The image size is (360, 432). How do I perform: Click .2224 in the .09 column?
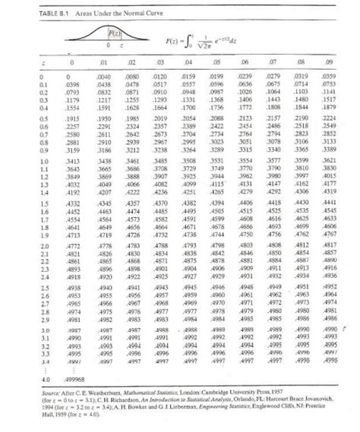[329, 121]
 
